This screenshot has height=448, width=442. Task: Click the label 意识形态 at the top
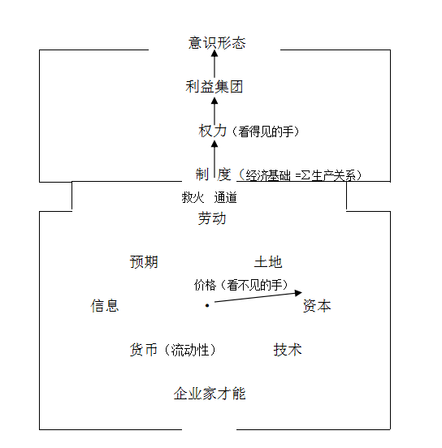pyautogui.click(x=217, y=43)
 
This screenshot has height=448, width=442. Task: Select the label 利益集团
pyautogui.click(x=214, y=87)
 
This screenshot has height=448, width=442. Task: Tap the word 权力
pyautogui.click(x=212, y=131)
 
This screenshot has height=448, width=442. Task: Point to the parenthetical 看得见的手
pyautogui.click(x=266, y=131)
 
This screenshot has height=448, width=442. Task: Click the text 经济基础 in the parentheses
pyautogui.click(x=268, y=175)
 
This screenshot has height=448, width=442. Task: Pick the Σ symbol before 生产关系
pyautogui.click(x=305, y=175)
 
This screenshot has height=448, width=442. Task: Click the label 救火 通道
pyautogui.click(x=209, y=197)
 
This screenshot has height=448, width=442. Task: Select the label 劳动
pyautogui.click(x=212, y=218)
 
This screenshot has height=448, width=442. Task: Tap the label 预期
pyautogui.click(x=144, y=262)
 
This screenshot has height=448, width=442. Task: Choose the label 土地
pyautogui.click(x=268, y=262)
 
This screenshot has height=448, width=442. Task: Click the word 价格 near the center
pyautogui.click(x=205, y=285)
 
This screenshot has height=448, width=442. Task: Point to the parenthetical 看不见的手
pyautogui.click(x=254, y=285)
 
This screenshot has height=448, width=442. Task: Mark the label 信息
pyautogui.click(x=105, y=306)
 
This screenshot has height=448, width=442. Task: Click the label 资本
pyautogui.click(x=317, y=306)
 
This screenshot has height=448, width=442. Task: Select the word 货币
pyautogui.click(x=144, y=350)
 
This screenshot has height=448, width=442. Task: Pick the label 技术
pyautogui.click(x=288, y=350)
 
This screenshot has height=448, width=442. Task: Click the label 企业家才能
pyautogui.click(x=210, y=394)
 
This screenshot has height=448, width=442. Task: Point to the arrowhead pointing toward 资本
pyautogui.click(x=298, y=293)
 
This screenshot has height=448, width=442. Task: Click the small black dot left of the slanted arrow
pyautogui.click(x=207, y=305)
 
